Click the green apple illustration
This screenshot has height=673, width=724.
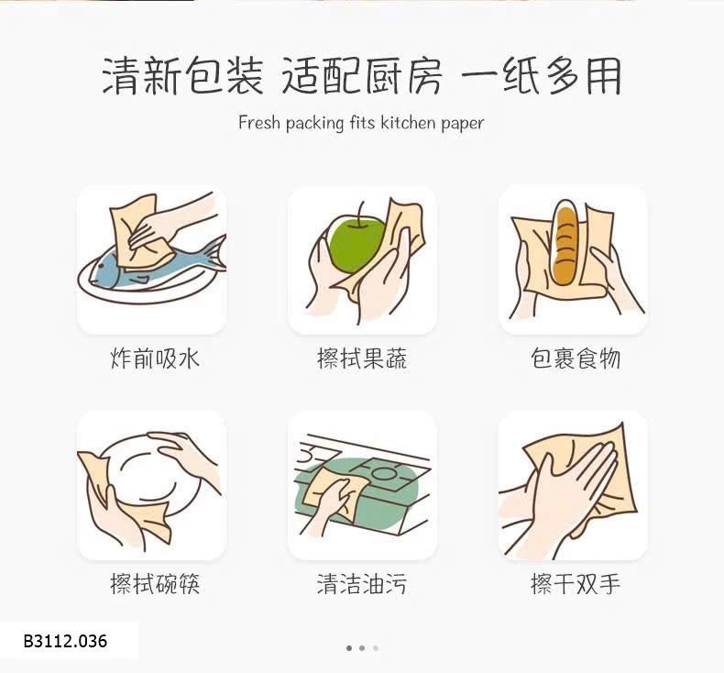pyautogui.click(x=357, y=243)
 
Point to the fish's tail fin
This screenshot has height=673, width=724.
pyautogui.click(x=214, y=253)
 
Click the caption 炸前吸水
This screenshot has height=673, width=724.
pyautogui.click(x=155, y=359)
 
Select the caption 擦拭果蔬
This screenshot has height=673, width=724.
pyautogui.click(x=363, y=359)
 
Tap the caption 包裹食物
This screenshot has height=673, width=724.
pyautogui.click(x=575, y=359)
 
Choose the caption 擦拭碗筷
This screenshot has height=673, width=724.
pyautogui.click(x=155, y=584)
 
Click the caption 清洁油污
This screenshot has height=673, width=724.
pyautogui.click(x=363, y=584)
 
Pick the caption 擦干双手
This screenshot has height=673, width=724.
pyautogui.click(x=575, y=584)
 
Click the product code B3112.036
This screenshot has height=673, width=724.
pyautogui.click(x=65, y=641)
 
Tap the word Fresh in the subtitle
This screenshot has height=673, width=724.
pyautogui.click(x=259, y=123)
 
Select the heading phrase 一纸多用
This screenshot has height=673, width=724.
pyautogui.click(x=541, y=75)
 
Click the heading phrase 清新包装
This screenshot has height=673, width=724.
pyautogui.click(x=182, y=75)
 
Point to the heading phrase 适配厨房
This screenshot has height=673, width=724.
pyautogui.click(x=361, y=75)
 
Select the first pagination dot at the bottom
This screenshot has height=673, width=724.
pyautogui.click(x=349, y=648)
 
